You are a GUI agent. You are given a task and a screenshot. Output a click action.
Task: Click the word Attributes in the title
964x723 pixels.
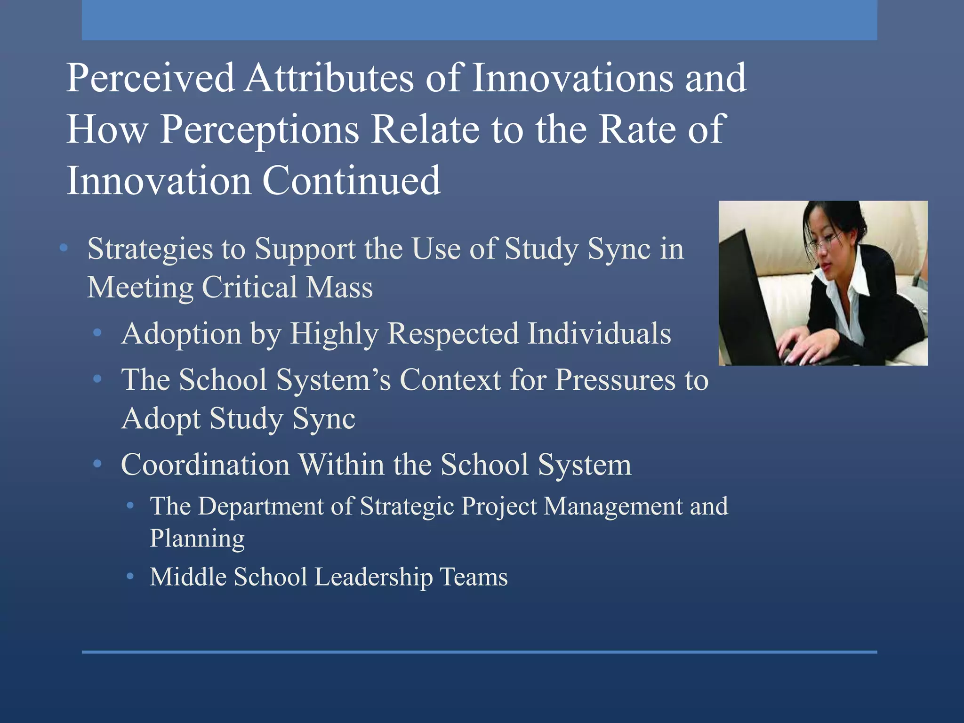[x=329, y=78]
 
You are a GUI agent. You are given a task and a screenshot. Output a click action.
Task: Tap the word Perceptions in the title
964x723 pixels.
[x=260, y=129]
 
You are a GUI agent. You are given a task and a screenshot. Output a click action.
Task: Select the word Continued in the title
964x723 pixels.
[x=351, y=180]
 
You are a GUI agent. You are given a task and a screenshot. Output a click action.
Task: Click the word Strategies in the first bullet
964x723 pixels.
[x=150, y=249]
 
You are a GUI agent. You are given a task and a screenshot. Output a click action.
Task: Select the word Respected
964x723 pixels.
[x=452, y=334]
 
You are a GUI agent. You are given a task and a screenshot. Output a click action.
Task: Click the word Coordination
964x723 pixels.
[x=205, y=465]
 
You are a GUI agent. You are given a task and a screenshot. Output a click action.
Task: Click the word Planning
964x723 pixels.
[x=197, y=538]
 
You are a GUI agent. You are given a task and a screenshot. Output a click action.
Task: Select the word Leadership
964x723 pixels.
[x=374, y=577]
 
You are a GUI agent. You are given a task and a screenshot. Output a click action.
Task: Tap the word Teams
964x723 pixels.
[x=474, y=577]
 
